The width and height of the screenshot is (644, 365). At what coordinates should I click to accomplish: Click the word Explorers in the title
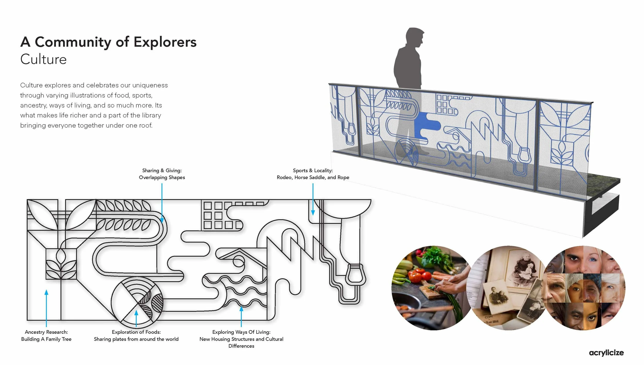pyautogui.click(x=165, y=42)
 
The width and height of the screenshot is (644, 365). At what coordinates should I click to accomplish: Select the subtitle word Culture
pyautogui.click(x=43, y=59)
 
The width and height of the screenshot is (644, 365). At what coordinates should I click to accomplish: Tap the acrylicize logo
pyautogui.click(x=606, y=353)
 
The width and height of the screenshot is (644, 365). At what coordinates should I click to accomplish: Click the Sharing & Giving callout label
pyautogui.click(x=162, y=174)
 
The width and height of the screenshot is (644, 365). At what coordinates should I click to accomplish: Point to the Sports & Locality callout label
pyautogui.click(x=313, y=174)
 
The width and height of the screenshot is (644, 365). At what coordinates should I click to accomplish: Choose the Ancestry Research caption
pyautogui.click(x=46, y=335)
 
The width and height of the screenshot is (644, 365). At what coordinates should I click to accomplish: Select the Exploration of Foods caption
pyautogui.click(x=136, y=335)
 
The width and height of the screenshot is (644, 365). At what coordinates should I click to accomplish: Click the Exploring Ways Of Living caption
pyautogui.click(x=241, y=339)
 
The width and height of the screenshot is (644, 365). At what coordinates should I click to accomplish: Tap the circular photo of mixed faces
pyautogui.click(x=585, y=288)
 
